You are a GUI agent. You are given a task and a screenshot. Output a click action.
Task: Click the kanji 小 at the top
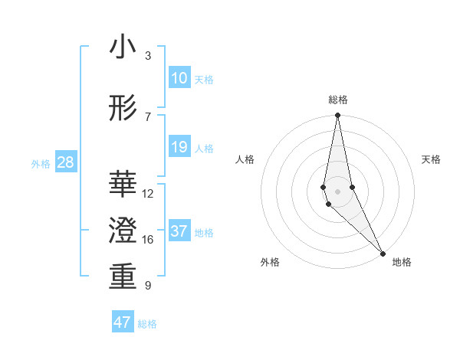pyautogui.click(x=123, y=48)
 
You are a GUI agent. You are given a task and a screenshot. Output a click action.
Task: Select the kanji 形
pyautogui.click(x=123, y=109)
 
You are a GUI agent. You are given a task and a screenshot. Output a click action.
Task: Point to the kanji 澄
pyautogui.click(x=123, y=231)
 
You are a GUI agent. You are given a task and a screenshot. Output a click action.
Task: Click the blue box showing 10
pyautogui.click(x=179, y=78)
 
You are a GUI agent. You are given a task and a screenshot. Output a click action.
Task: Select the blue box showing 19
pyautogui.click(x=179, y=147)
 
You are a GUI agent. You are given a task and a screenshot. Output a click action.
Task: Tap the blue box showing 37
pyautogui.click(x=179, y=231)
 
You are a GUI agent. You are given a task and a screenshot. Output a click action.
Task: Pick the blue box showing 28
pyautogui.click(x=65, y=162)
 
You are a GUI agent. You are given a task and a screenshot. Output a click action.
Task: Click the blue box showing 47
pyautogui.click(x=123, y=322)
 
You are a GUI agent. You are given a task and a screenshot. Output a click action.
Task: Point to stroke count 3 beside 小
pyautogui.click(x=148, y=56)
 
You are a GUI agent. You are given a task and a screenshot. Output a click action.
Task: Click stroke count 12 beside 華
pyautogui.click(x=148, y=194)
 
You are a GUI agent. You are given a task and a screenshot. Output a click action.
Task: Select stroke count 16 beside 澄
pyautogui.click(x=148, y=240)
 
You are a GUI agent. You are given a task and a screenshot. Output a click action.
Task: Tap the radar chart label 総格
pyautogui.click(x=337, y=100)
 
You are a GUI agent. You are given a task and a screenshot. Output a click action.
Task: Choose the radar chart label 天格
pyautogui.click(x=432, y=159)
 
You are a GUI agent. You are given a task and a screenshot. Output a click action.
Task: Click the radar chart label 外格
pyautogui.click(x=270, y=262)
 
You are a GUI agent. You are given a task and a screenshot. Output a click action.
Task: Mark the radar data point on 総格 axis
pyautogui.click(x=337, y=116)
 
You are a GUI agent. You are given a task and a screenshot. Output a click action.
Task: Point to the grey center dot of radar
pyautogui.click(x=337, y=191)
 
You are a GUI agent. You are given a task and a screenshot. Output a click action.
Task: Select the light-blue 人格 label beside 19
pyautogui.click(x=204, y=148)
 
